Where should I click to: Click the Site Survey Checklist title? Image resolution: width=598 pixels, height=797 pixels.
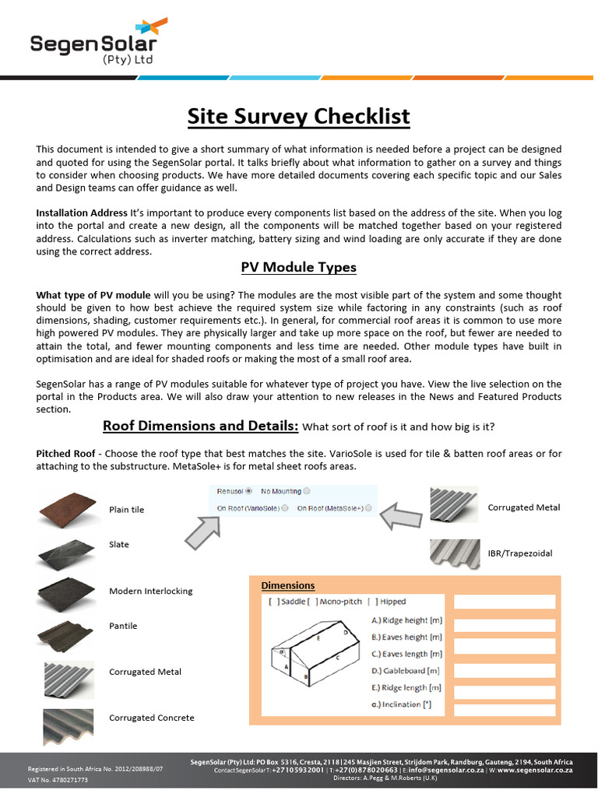[298, 117]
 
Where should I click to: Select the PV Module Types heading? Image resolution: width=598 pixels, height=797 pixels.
[298, 267]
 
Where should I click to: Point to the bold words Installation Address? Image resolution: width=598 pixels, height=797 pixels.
[82, 212]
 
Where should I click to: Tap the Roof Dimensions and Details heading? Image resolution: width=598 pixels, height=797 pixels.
[201, 426]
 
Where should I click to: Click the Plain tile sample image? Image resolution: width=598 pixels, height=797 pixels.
[67, 508]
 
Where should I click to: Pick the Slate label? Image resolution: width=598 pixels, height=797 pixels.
[119, 545]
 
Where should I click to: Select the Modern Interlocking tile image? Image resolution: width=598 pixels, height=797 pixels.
[67, 594]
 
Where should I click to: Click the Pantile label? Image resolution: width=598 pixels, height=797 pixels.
[123, 626]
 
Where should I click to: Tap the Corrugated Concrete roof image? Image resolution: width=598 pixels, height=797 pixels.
[67, 722]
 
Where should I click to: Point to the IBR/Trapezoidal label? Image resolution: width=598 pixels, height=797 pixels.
[519, 553]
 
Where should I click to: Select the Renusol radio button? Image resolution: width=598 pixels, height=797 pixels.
[248, 491]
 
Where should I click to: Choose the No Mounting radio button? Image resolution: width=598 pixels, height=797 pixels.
[306, 491]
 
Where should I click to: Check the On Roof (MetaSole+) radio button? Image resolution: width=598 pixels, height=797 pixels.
[368, 508]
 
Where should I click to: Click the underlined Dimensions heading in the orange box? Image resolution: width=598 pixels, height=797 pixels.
[288, 585]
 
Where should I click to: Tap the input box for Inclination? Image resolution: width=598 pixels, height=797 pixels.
[505, 710]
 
